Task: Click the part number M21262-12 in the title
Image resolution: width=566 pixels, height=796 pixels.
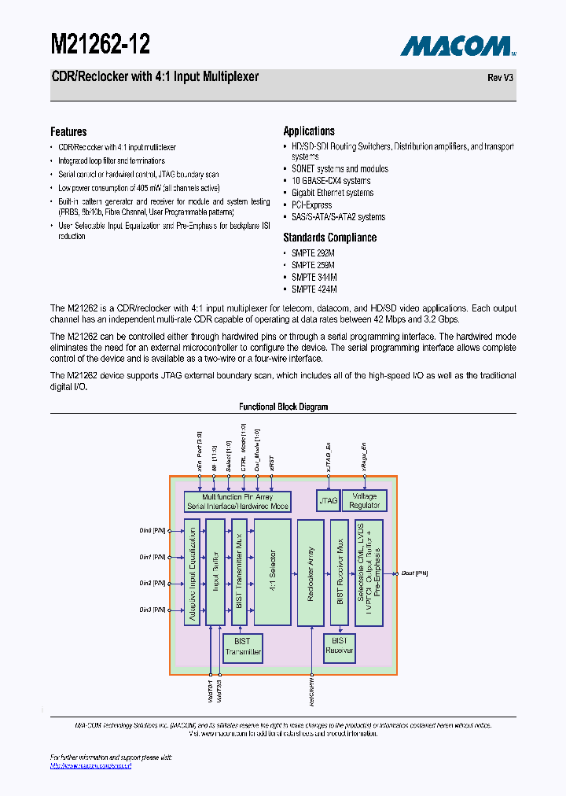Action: point(100,43)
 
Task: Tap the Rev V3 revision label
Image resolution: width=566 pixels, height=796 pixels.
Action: point(502,78)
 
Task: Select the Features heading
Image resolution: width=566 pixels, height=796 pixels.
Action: point(68,131)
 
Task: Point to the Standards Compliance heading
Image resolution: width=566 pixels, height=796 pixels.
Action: point(329,238)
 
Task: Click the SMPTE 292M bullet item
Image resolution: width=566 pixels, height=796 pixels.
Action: point(313,253)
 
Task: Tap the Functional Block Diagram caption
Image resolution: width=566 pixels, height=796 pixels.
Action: point(283,407)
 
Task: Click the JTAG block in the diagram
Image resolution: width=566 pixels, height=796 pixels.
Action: point(328,500)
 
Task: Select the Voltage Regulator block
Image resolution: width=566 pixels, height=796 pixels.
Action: point(365,500)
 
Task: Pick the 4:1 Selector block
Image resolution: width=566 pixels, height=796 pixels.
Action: point(272,571)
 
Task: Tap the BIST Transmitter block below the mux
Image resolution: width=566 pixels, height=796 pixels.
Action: point(243,647)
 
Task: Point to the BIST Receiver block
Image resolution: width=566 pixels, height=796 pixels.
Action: point(340,646)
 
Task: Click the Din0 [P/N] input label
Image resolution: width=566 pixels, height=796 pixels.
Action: point(153,530)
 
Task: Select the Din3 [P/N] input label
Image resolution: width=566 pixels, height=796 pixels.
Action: point(153,610)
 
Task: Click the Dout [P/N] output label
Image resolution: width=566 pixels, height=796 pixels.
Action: point(415,573)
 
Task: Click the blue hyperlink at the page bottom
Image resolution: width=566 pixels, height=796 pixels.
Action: point(90,765)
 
